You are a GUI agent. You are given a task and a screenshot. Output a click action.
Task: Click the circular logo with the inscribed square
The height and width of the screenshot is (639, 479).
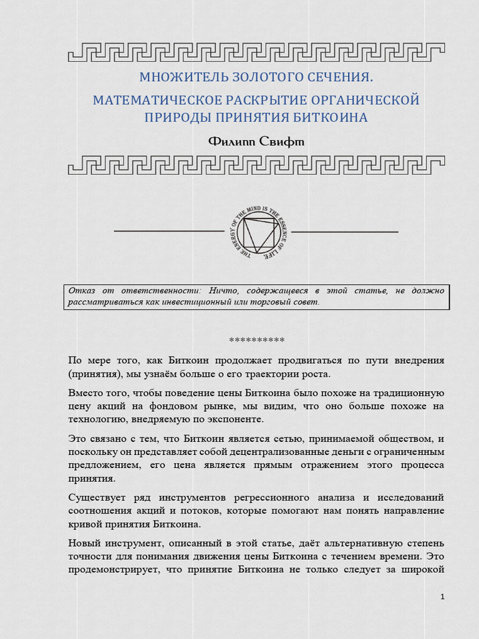258,232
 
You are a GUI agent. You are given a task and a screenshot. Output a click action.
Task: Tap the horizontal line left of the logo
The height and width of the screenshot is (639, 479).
168,232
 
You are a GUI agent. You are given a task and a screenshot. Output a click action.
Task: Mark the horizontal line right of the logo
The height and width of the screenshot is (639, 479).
344,232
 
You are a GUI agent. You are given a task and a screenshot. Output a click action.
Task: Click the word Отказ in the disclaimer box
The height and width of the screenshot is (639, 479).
81,290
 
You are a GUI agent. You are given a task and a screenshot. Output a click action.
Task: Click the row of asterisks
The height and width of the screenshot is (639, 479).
256,340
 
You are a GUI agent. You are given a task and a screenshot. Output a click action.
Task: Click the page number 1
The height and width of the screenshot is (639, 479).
442,597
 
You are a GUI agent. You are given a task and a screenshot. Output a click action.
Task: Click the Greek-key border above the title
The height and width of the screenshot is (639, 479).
256,52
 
